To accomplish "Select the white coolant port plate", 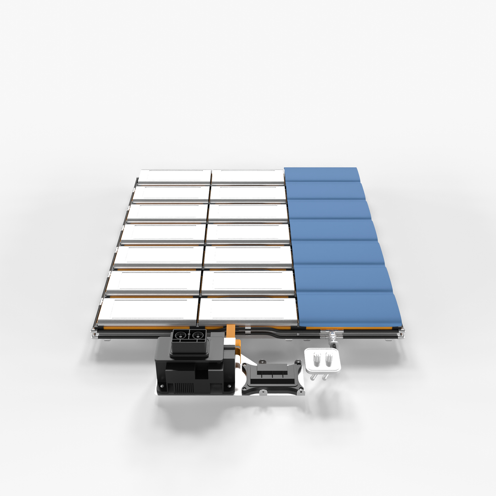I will click(x=322, y=360).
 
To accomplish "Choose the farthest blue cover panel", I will click(x=321, y=174).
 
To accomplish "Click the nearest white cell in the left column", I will click(x=148, y=309).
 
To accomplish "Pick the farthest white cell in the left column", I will click(x=175, y=175).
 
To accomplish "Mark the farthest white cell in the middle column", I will click(x=248, y=175).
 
